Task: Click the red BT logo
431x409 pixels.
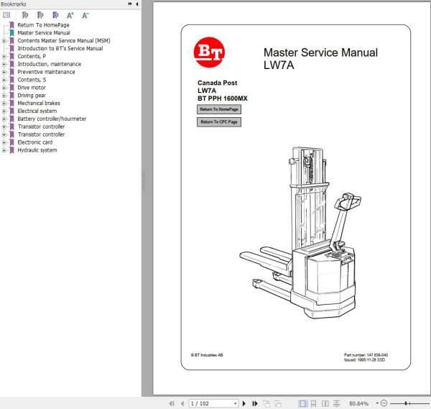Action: click(208, 54)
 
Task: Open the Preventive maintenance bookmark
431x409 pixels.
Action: click(46, 72)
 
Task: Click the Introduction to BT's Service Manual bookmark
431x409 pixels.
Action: click(60, 49)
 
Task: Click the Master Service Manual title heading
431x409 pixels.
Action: click(320, 52)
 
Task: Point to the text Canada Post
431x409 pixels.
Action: click(218, 83)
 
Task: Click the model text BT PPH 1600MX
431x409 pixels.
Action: click(223, 98)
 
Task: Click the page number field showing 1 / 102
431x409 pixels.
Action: click(212, 403)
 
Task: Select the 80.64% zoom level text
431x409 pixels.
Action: click(358, 403)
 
